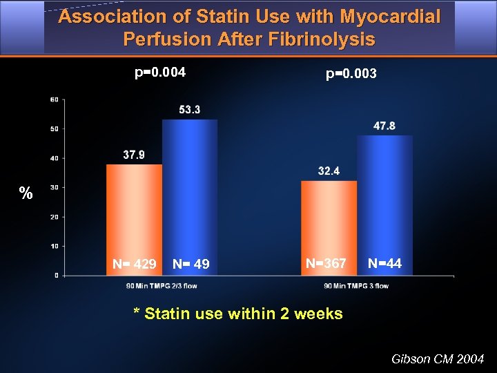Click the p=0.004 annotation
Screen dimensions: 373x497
(160, 71)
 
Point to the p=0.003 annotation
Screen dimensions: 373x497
(351, 73)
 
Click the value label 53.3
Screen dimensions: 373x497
(189, 111)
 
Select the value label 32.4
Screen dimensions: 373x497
(329, 171)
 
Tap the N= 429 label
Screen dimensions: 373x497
(135, 264)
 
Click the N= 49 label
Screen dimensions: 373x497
(191, 264)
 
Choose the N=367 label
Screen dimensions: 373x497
(326, 263)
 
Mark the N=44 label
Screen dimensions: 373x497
(384, 263)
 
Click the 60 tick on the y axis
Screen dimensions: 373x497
(54, 99)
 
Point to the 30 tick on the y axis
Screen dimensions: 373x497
(54, 187)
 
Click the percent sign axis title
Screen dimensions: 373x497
(26, 193)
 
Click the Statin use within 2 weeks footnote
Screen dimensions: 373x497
(237, 314)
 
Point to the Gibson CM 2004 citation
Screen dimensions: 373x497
(438, 359)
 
